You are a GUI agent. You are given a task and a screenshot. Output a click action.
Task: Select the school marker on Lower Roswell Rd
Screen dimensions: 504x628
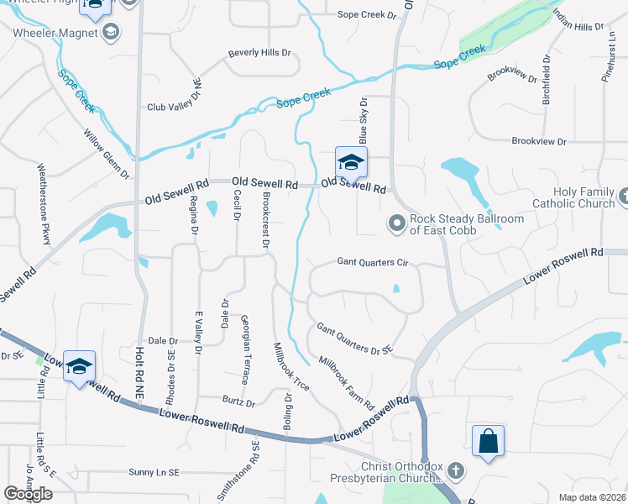click(x=79, y=367)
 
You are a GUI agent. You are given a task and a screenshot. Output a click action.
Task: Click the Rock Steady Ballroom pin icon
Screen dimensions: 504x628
click(x=396, y=223)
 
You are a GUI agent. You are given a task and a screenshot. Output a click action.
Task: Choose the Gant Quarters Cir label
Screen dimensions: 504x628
click(x=372, y=263)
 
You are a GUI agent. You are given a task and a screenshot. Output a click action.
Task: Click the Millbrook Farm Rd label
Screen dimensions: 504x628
click(x=346, y=382)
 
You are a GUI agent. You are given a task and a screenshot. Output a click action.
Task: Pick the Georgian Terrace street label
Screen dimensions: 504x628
click(x=244, y=349)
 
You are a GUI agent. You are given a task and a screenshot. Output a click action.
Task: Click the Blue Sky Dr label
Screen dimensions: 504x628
click(x=364, y=118)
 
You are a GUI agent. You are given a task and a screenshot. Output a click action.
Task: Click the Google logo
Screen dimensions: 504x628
click(x=29, y=494)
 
